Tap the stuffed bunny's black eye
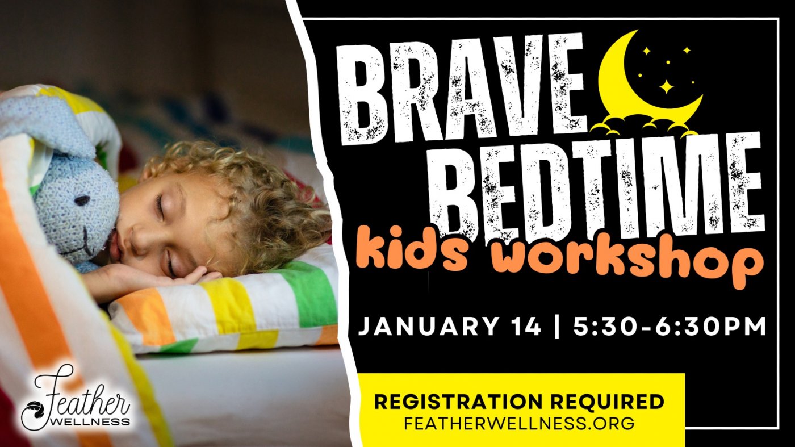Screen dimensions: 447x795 click(x=82, y=200)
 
